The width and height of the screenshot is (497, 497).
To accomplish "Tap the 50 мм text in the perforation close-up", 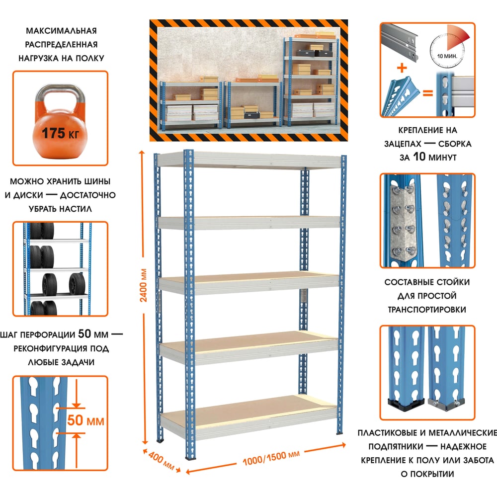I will (x=86, y=421).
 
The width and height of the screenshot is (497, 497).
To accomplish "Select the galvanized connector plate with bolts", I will (x=402, y=221).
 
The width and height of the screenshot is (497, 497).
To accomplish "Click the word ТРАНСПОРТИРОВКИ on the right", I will (x=427, y=309).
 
